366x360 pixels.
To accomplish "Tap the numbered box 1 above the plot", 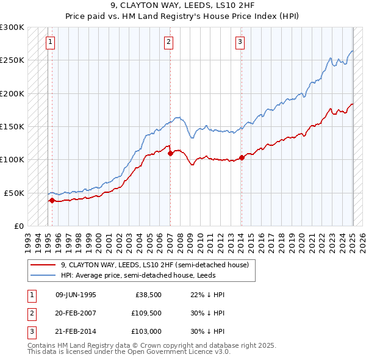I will (x=50, y=42).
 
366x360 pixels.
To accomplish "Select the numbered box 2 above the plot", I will (x=168, y=42).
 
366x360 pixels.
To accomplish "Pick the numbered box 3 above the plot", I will (x=240, y=42).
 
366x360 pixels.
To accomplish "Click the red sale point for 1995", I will (x=52, y=200).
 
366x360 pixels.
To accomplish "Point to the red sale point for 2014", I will (x=242, y=157).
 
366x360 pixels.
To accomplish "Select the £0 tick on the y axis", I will (x=18, y=226).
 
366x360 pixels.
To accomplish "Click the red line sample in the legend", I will (x=43, y=265).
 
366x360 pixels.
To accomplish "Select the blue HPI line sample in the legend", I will (x=43, y=276).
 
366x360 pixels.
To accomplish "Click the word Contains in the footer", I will (x=42, y=345).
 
